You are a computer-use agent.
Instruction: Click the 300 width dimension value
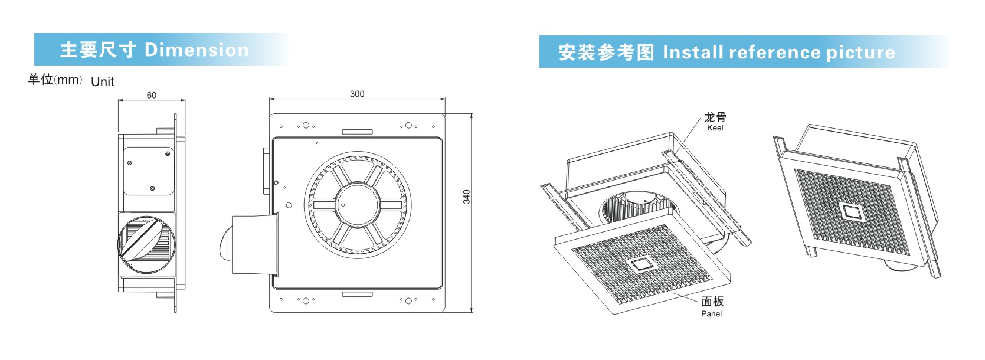click(x=357, y=94)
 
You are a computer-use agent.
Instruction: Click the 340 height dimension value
click(x=467, y=197)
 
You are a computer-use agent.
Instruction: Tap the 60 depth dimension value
click(x=152, y=95)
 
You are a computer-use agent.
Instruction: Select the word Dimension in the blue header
click(x=197, y=50)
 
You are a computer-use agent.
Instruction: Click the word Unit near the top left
click(x=103, y=82)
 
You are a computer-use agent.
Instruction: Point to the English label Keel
click(x=715, y=128)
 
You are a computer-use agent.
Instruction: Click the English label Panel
click(x=711, y=314)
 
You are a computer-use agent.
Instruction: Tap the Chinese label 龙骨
click(x=715, y=117)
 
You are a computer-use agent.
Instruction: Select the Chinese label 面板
click(x=712, y=302)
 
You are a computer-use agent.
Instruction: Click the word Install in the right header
click(x=693, y=53)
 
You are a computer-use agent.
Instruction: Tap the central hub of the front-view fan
click(x=354, y=204)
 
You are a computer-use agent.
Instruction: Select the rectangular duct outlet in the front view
click(x=254, y=244)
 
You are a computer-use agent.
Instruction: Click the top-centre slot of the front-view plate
click(x=357, y=132)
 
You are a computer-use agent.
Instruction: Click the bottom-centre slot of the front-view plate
click(x=357, y=294)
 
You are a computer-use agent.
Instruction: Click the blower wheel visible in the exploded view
click(x=634, y=209)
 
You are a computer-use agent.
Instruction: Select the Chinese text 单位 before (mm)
click(x=40, y=79)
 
